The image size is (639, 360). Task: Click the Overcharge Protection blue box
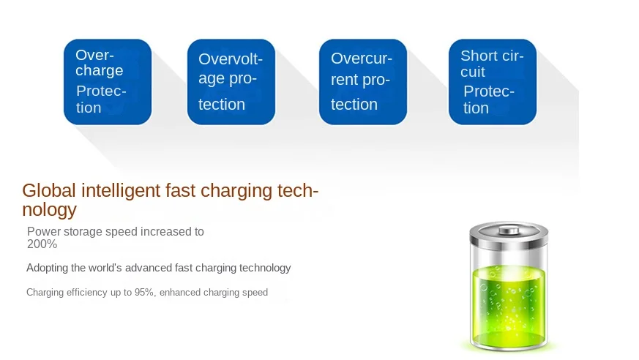click(x=108, y=82)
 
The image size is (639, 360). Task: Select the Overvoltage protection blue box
click(x=231, y=82)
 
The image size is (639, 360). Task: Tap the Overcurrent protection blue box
click(x=363, y=82)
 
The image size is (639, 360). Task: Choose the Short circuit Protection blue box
click(x=493, y=82)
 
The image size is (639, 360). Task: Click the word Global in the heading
click(x=49, y=190)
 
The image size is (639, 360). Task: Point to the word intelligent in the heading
click(x=121, y=190)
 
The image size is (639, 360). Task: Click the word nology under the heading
click(x=49, y=210)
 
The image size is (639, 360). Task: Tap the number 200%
click(x=42, y=244)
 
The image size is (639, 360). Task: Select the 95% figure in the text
click(x=144, y=293)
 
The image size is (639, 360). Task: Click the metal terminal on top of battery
click(x=509, y=230)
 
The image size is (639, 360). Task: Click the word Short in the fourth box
click(x=475, y=56)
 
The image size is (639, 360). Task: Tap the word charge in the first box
click(x=100, y=71)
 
